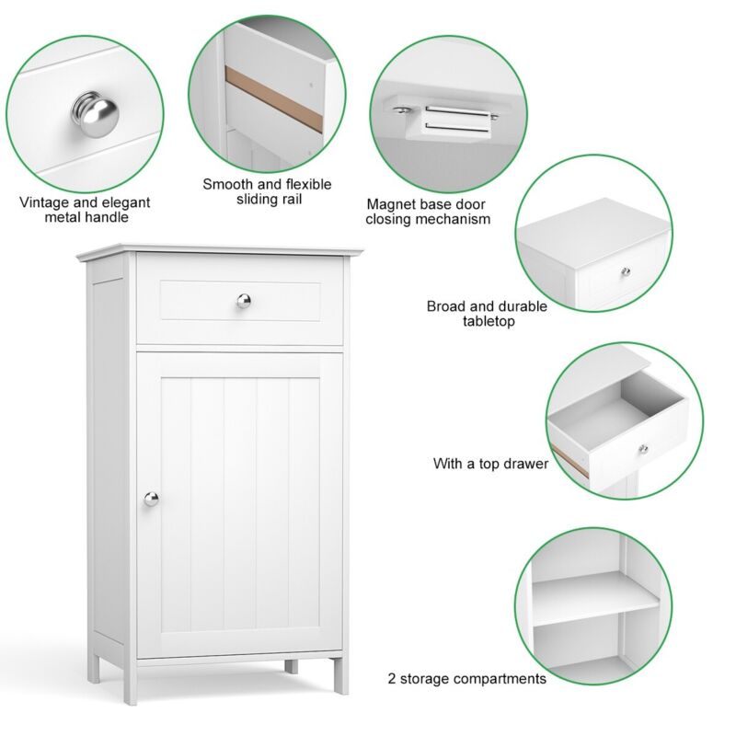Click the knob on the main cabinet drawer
tap(244, 301)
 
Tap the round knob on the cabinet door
tap(151, 499)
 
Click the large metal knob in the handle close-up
tap(96, 114)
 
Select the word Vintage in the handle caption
tap(44, 202)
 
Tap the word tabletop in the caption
tap(489, 321)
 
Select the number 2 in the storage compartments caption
tap(392, 679)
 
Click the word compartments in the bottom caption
tap(500, 679)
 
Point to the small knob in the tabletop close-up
tap(626, 271)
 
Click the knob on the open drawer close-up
tap(643, 449)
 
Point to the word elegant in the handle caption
tap(126, 203)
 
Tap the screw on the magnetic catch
tap(401, 110)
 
